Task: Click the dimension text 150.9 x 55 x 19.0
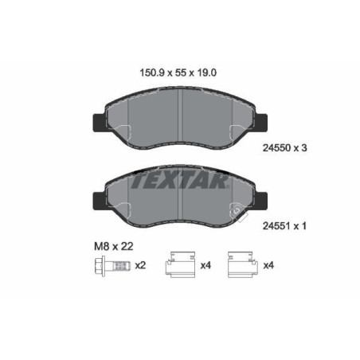[178, 72]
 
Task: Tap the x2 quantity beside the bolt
[141, 265]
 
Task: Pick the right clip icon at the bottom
[241, 265]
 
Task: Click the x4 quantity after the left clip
[205, 265]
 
